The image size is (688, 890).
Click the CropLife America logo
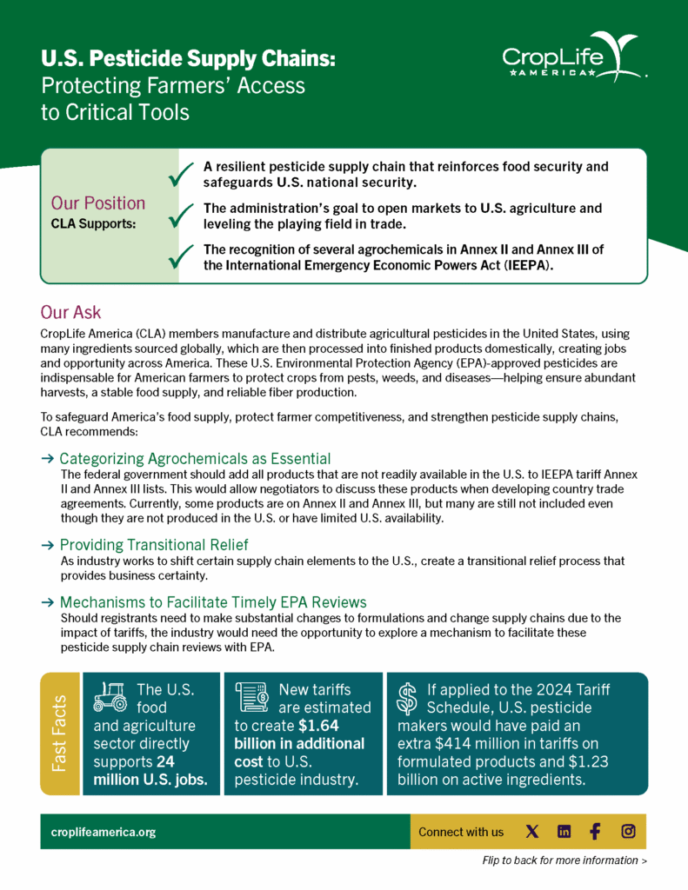[x=571, y=58]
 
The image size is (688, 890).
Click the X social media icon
[x=532, y=832]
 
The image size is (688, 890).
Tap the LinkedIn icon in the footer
[x=564, y=832]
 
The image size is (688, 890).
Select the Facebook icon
[x=595, y=832]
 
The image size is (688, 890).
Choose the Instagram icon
[x=628, y=832]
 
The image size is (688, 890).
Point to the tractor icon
[x=110, y=694]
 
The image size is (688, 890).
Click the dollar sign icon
[x=406, y=696]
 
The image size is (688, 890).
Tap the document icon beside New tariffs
[x=251, y=695]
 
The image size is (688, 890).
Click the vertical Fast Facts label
[x=59, y=733]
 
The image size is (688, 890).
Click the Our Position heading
[x=98, y=203]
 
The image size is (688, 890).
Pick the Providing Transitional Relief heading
[x=154, y=545]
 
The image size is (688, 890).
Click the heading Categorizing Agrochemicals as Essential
[x=195, y=458]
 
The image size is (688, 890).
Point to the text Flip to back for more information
[x=564, y=860]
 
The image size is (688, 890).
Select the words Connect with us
[x=460, y=832]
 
